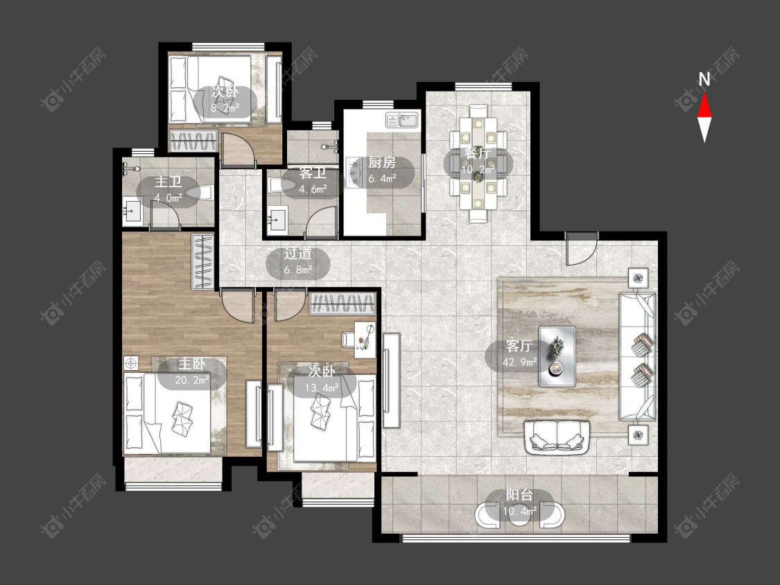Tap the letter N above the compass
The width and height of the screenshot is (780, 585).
[704, 79]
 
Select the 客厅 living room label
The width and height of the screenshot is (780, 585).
[519, 346]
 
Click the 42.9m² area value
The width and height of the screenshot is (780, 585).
[519, 362]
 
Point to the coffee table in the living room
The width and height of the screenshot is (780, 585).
[557, 356]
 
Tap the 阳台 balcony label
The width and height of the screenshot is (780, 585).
[519, 495]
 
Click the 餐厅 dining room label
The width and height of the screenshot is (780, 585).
[478, 152]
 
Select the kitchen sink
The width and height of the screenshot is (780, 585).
[402, 120]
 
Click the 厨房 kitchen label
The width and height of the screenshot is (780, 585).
[382, 163]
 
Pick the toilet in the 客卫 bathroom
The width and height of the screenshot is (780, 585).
[284, 186]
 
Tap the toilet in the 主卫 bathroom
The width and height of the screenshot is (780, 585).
[200, 192]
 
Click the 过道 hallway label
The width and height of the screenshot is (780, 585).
[297, 254]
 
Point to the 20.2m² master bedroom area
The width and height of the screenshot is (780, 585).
[192, 381]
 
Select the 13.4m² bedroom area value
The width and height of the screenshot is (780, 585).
[322, 387]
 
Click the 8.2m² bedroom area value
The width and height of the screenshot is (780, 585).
[225, 107]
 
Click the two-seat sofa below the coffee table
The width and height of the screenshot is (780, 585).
[557, 437]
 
